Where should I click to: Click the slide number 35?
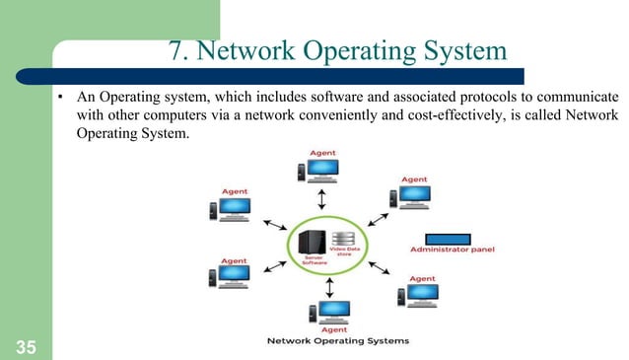[24, 344]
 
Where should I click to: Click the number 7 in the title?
[175, 51]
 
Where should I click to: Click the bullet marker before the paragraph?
[60, 100]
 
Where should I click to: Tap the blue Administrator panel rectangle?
[454, 239]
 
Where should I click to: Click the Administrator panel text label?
[453, 251]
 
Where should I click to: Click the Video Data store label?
[345, 253]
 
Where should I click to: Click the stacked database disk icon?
[343, 239]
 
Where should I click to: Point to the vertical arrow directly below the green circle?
[329, 286]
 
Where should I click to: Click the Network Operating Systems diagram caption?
[338, 341]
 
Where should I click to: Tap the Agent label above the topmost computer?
[323, 153]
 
